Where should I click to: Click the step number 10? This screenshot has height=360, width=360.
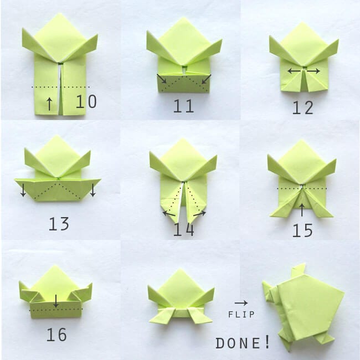pyautogui.click(x=86, y=102)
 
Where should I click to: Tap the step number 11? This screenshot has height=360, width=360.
pyautogui.click(x=183, y=106)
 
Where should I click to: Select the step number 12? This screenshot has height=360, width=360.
pyautogui.click(x=303, y=107)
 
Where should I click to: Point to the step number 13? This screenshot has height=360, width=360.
pyautogui.click(x=58, y=224)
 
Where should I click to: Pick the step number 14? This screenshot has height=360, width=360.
pyautogui.click(x=183, y=229)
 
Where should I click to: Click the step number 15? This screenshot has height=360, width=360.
pyautogui.click(x=302, y=230)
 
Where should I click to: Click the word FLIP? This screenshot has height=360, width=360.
pyautogui.click(x=241, y=315)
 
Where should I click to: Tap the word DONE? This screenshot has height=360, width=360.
pyautogui.click(x=243, y=343)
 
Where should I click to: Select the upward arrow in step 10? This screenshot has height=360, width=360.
pyautogui.click(x=50, y=102)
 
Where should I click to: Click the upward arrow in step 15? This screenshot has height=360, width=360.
pyautogui.click(x=302, y=209)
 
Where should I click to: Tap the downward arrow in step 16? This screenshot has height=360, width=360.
pyautogui.click(x=56, y=301)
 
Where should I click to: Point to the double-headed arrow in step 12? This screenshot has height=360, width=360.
pyautogui.click(x=304, y=71)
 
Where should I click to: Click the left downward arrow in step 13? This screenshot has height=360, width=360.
pyautogui.click(x=23, y=190)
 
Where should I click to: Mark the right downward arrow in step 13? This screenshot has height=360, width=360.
pyautogui.click(x=92, y=190)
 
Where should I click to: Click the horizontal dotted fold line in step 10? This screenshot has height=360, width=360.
pyautogui.click(x=60, y=87)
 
